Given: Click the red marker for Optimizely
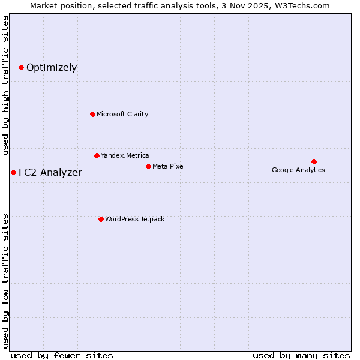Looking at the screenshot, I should (x=21, y=67).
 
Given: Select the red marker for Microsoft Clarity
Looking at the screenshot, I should (x=92, y=114).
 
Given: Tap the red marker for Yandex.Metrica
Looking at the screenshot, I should (x=97, y=155).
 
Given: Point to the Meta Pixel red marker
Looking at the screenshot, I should (x=148, y=166).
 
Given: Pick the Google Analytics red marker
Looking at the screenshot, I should (x=314, y=161).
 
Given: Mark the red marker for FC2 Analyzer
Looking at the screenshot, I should (x=13, y=172).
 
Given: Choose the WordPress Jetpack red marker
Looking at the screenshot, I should (x=101, y=219).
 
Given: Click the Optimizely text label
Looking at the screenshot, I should (x=52, y=67).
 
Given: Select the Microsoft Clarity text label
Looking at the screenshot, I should (x=122, y=114).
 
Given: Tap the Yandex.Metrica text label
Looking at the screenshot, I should (x=125, y=155).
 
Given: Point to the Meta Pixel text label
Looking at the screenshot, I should (x=169, y=166).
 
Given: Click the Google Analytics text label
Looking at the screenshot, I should (x=298, y=170).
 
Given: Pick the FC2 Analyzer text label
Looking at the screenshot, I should (x=50, y=173).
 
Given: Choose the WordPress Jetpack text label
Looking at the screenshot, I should (x=134, y=219).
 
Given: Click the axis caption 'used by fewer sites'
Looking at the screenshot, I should (x=62, y=355).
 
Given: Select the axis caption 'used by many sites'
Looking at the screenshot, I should (x=301, y=355).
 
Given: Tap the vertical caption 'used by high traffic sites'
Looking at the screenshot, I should (x=6, y=86).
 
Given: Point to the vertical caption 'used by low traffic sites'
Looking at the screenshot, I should (x=6, y=280).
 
